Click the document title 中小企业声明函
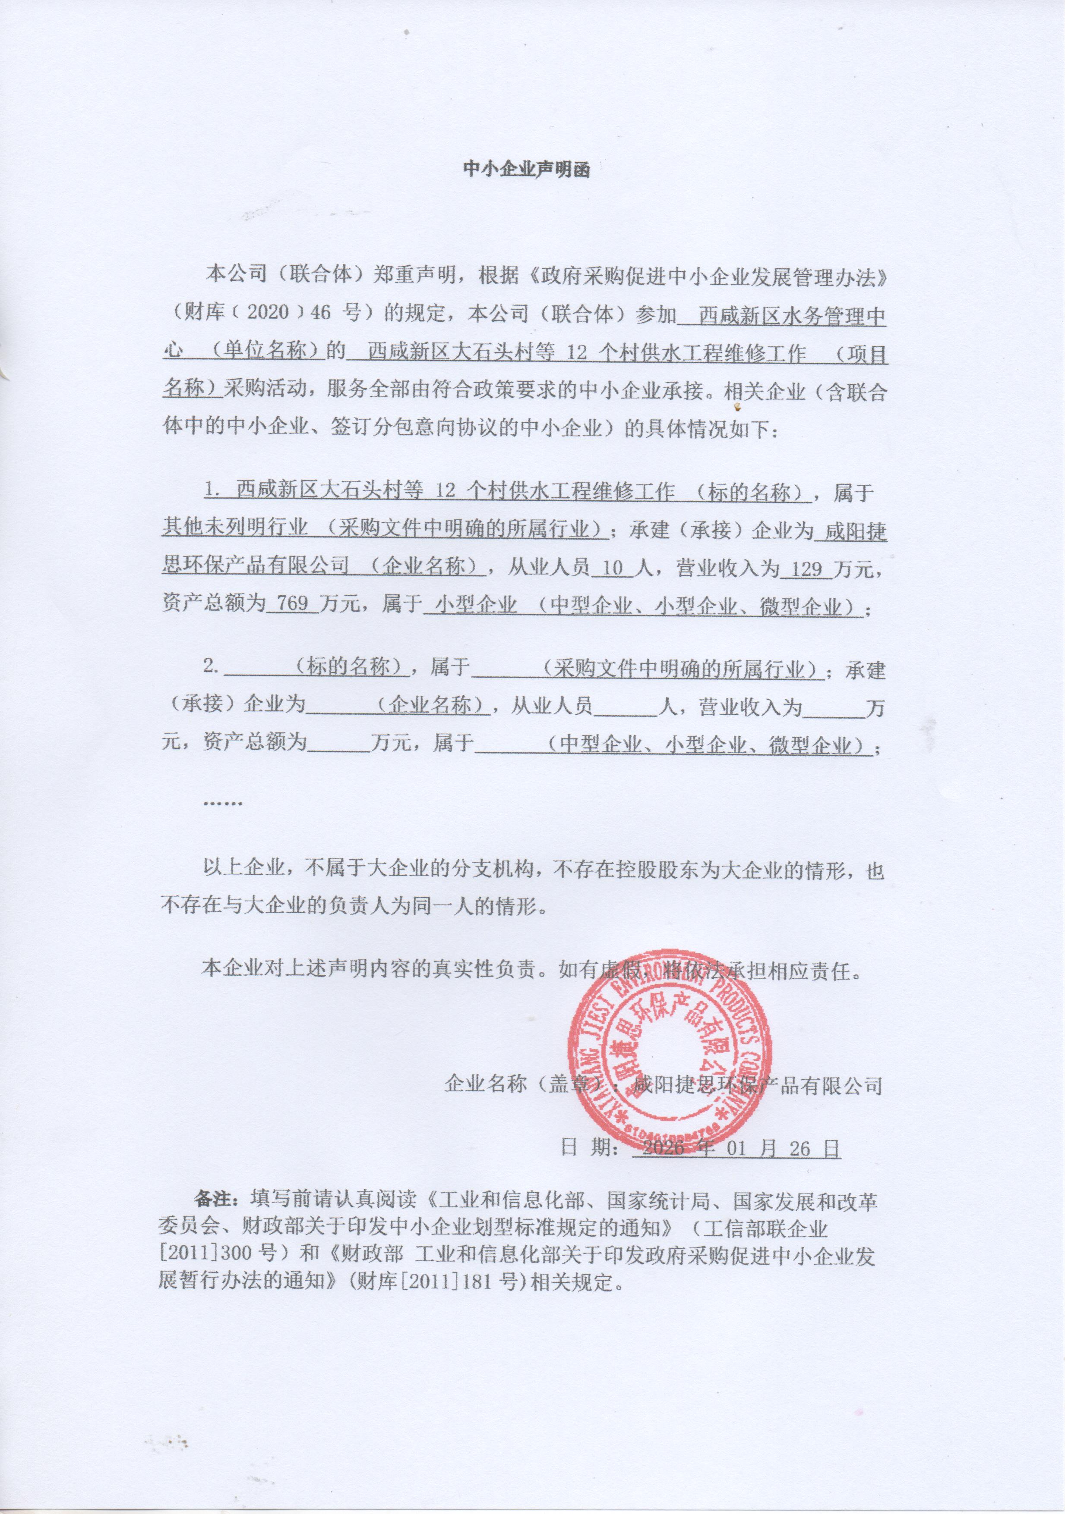click(x=526, y=170)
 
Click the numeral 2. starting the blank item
click(x=211, y=667)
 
